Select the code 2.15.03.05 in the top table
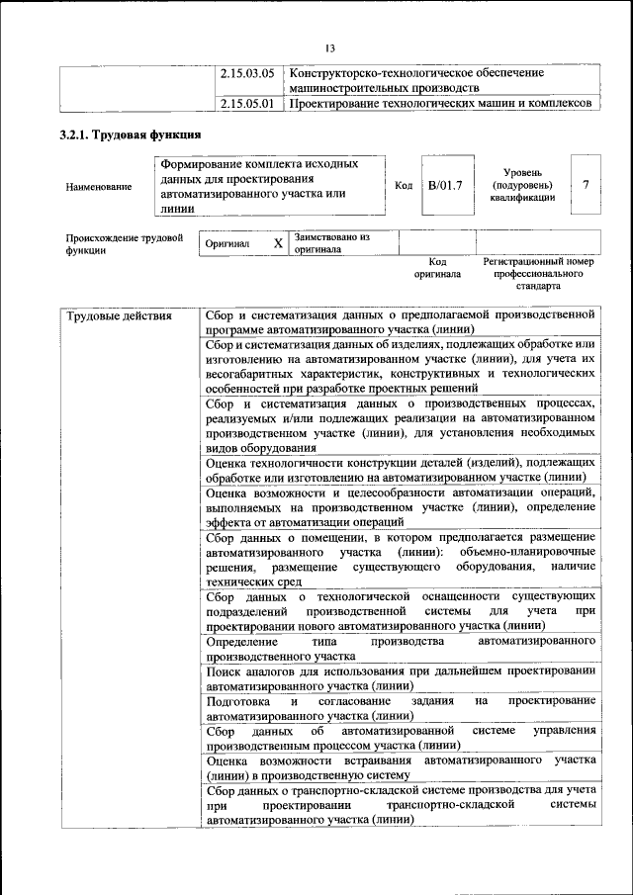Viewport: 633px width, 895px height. click(x=246, y=73)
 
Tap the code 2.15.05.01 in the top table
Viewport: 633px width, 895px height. click(x=246, y=102)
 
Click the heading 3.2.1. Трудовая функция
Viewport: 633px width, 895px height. click(x=131, y=136)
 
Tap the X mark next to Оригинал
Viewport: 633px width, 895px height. click(x=278, y=243)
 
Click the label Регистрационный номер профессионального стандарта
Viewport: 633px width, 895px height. click(x=538, y=273)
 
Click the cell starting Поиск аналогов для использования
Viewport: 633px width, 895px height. click(x=401, y=677)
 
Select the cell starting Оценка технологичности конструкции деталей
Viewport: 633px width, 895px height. click(x=401, y=470)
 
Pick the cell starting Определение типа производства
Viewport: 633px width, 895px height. click(x=401, y=648)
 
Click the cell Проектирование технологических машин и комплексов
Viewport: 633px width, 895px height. click(x=440, y=102)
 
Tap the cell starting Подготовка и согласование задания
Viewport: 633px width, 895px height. click(x=401, y=707)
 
